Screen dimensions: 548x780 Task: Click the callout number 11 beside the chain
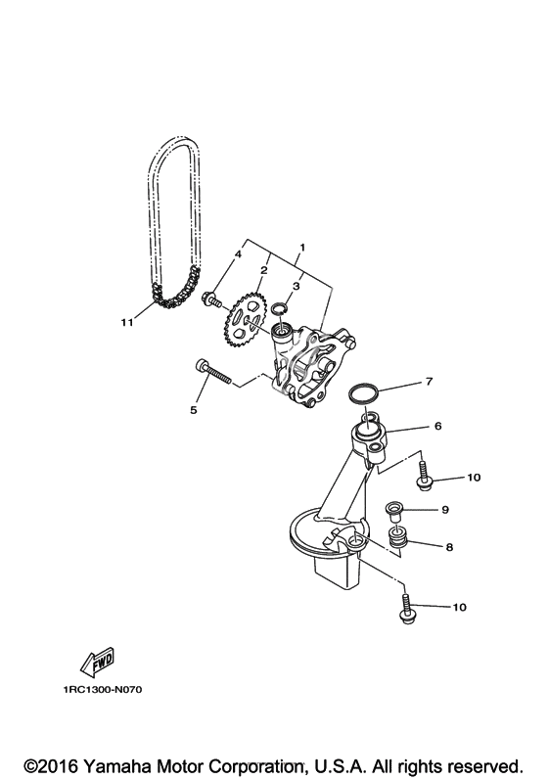127,322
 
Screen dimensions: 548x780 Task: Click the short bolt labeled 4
212,298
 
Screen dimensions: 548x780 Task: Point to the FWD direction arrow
98,662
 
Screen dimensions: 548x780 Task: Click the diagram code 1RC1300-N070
103,690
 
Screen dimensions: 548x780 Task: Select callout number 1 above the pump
301,248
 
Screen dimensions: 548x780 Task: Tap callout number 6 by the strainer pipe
437,426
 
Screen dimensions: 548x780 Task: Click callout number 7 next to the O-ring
430,382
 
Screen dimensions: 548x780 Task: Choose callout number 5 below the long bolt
194,409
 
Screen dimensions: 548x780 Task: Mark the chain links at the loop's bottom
175,292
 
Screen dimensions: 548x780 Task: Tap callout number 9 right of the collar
445,509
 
